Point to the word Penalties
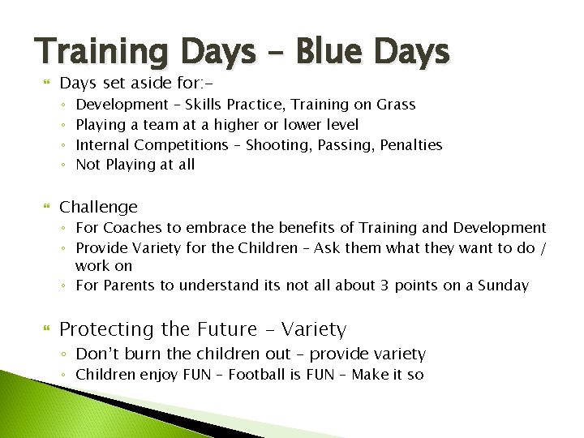pyautogui.click(x=410, y=144)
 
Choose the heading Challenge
pyautogui.click(x=99, y=207)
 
